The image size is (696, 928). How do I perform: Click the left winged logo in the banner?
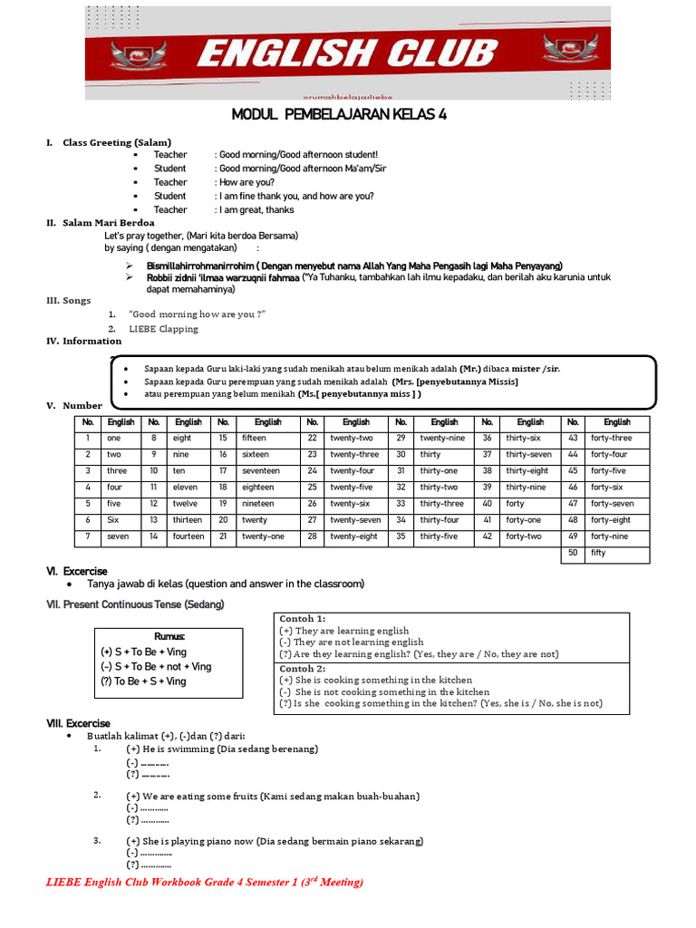[x=138, y=53]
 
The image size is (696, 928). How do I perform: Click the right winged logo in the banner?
[x=569, y=53]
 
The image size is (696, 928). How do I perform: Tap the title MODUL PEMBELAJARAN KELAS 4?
[x=339, y=114]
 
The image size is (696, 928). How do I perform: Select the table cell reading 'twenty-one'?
[x=263, y=536]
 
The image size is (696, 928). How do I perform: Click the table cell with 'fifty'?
[x=617, y=553]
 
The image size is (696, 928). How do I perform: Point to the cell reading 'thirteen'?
[x=187, y=520]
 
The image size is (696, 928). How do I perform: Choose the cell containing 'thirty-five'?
[x=441, y=536]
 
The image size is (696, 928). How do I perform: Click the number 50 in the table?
[x=572, y=553]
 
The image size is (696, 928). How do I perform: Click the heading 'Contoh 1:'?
[x=303, y=618]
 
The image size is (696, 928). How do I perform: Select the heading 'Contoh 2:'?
[x=303, y=668]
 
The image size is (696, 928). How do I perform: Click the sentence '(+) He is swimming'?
[x=222, y=749]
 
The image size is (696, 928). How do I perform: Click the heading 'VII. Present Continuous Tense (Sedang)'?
[x=135, y=604]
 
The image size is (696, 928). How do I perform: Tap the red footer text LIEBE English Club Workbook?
[x=204, y=882]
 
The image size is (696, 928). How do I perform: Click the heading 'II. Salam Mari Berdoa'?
[x=101, y=222]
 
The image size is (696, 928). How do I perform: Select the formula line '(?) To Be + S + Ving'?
[x=143, y=681]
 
